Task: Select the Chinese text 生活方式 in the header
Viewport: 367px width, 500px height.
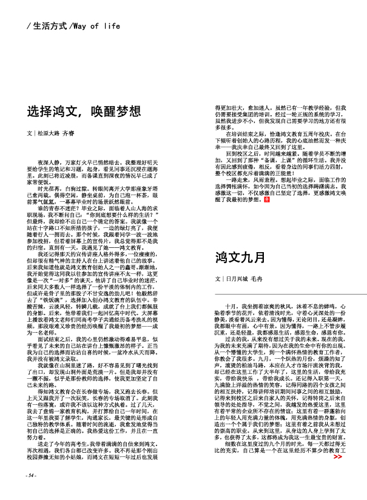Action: [x=49, y=26]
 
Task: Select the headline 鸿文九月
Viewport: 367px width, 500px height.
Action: [x=240, y=258]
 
